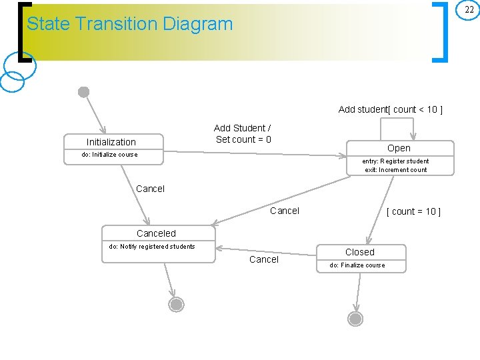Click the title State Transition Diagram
point(129,24)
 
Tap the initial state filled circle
point(84,92)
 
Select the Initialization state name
point(111,142)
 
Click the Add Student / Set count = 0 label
point(243,133)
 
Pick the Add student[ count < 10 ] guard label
point(390,109)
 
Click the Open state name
point(399,148)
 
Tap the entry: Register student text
point(395,161)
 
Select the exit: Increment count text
point(395,170)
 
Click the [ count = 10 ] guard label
point(413,211)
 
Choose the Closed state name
point(359,252)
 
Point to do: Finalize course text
point(357,265)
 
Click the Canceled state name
point(156,233)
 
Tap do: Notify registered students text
point(152,247)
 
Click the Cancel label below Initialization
point(150,189)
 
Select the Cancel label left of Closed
point(264,259)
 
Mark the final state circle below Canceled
point(176,305)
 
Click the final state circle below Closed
point(356,319)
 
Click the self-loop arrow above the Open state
point(397,120)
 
